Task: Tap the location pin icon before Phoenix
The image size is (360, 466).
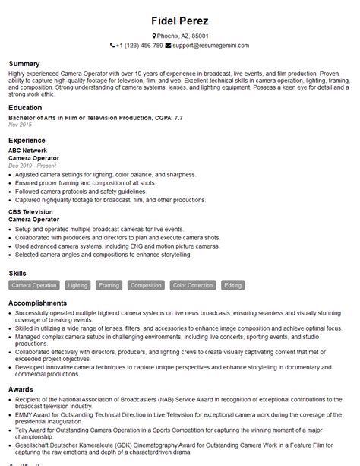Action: [154, 36]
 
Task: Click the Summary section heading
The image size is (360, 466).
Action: [24, 62]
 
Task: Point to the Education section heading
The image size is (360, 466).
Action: [25, 107]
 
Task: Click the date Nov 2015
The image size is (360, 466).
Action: [20, 124]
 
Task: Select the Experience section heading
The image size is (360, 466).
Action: [27, 141]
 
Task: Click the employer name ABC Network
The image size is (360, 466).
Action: [28, 151]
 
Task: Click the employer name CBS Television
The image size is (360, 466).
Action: [30, 211]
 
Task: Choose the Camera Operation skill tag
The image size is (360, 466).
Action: [34, 285]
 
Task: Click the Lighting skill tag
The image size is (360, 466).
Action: [77, 285]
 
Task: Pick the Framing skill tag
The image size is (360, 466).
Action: [109, 285]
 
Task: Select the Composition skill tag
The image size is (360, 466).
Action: [146, 285]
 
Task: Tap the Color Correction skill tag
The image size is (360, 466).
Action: [192, 285]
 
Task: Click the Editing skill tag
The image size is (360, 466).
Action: [233, 285]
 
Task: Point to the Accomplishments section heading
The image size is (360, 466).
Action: [36, 303]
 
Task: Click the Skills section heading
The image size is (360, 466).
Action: [18, 272]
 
